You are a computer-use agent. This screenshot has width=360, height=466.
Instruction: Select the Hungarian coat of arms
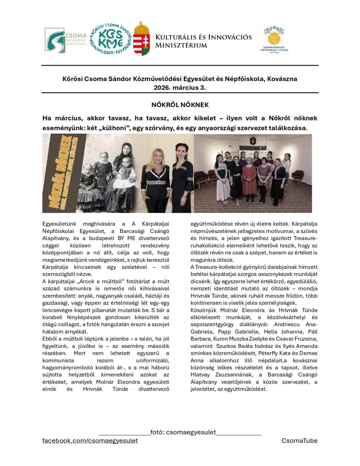(x=142, y=39)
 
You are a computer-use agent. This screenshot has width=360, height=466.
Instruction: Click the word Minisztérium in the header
(x=181, y=45)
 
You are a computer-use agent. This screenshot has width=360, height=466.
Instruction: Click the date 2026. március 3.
(x=180, y=87)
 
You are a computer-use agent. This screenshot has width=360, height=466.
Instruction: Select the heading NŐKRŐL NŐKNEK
(x=180, y=105)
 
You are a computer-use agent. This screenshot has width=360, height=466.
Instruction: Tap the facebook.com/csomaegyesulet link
(x=90, y=441)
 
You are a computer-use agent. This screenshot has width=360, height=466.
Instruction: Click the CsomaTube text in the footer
(x=299, y=441)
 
